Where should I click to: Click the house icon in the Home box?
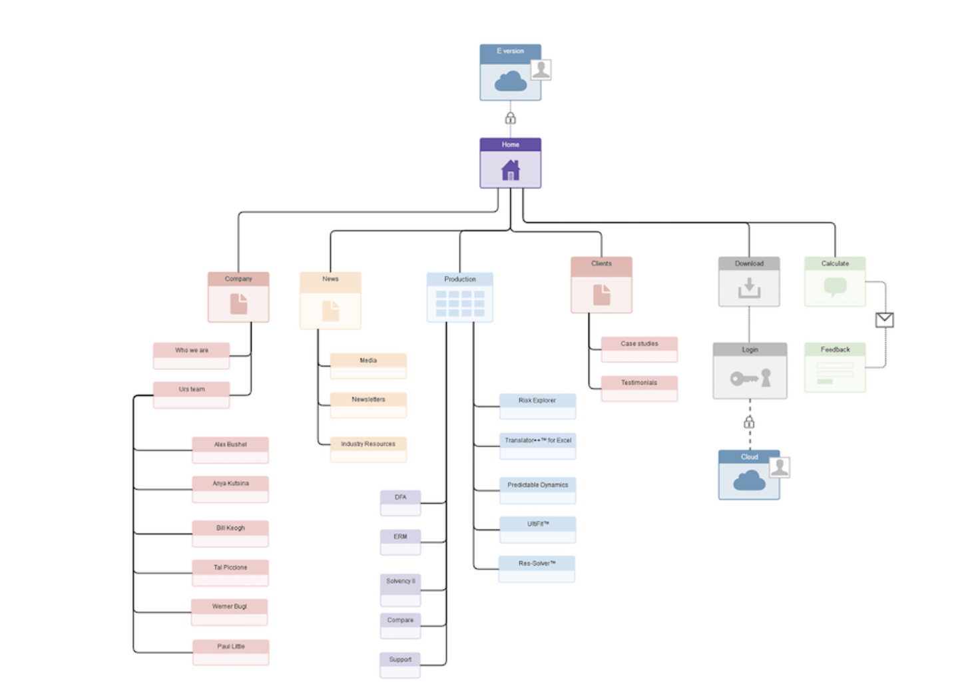[x=510, y=170]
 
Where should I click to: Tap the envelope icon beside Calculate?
[x=884, y=320]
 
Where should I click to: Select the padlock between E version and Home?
[x=510, y=118]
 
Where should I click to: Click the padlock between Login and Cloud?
[x=749, y=422]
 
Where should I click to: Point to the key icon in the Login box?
[x=744, y=379]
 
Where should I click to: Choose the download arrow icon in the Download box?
[x=749, y=288]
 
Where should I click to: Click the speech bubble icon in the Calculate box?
[x=835, y=287]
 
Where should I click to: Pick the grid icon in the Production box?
[x=460, y=303]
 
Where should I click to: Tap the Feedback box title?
[x=835, y=349]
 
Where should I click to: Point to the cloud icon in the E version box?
[x=511, y=81]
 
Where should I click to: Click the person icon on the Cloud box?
[x=780, y=467]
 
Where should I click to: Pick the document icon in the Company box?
[x=238, y=303]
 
